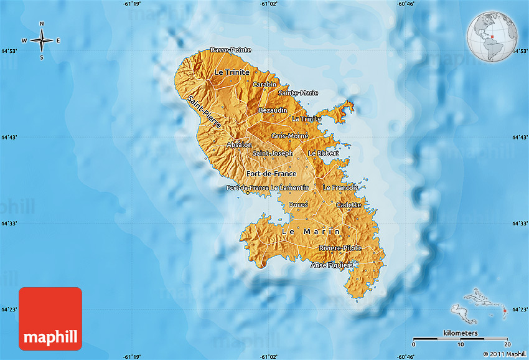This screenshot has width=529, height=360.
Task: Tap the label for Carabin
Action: pyautogui.click(x=264, y=84)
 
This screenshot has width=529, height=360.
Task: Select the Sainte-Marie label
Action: pyautogui.click(x=298, y=93)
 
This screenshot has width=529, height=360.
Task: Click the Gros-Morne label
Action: pyautogui.click(x=289, y=136)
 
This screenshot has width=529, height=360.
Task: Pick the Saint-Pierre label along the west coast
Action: pyautogui.click(x=204, y=112)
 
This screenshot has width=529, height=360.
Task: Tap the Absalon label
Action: pyautogui.click(x=240, y=145)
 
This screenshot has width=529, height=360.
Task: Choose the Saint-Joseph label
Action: pyautogui.click(x=273, y=153)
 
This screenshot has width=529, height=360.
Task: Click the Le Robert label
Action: pyautogui.click(x=324, y=153)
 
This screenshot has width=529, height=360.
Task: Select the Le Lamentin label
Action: pyautogui.click(x=289, y=187)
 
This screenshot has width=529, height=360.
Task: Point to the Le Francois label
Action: pyautogui.click(x=340, y=187)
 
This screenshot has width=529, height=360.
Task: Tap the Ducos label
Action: pyautogui.click(x=298, y=205)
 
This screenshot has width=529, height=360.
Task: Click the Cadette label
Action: pyautogui.click(x=349, y=205)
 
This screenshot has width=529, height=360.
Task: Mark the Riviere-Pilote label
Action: pyautogui.click(x=339, y=248)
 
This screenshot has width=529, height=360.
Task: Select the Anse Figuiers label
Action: pyautogui.click(x=332, y=265)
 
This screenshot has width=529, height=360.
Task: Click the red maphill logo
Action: pyautogui.click(x=50, y=318)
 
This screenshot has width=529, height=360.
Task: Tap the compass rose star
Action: pyautogui.click(x=42, y=41)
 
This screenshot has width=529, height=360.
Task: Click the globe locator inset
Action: pyautogui.click(x=494, y=37)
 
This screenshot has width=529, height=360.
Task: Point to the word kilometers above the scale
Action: pyautogui.click(x=461, y=333)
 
